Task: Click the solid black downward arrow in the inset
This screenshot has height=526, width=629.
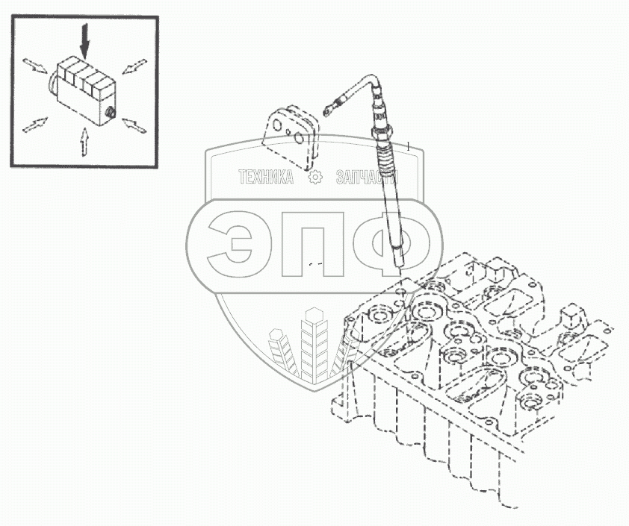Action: point(84,40)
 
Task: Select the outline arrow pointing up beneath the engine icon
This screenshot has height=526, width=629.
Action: point(84,142)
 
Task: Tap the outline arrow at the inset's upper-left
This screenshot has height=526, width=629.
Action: point(35,66)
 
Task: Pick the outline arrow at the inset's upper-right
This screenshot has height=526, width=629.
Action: point(134,66)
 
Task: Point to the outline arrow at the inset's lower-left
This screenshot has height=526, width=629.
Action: point(35,125)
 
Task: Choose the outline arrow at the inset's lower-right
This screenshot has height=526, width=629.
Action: point(134,125)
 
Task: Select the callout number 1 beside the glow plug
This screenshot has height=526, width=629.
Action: point(409,145)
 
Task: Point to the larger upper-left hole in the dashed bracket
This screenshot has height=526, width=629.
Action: point(277,127)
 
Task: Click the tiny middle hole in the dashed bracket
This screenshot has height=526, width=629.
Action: point(288,131)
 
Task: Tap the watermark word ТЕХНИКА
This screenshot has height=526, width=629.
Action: point(266,177)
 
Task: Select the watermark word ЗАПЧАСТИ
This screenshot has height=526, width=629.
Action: point(367,177)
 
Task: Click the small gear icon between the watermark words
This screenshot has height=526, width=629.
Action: point(314,177)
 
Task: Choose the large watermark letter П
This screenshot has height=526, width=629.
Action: point(313,244)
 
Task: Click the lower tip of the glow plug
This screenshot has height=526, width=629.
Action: point(399,266)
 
